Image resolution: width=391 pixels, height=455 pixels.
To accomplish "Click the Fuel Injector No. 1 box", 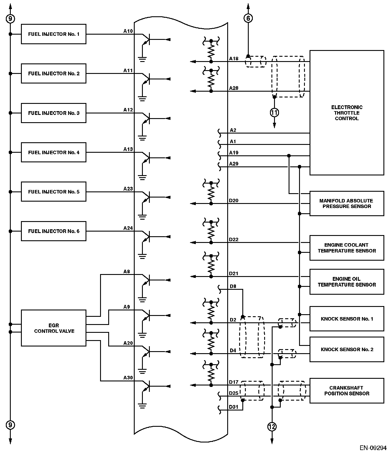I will tap(54, 34).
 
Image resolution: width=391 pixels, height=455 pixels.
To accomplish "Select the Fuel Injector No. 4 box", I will tap(54, 152).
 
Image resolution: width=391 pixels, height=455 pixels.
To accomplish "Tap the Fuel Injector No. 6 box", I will tap(54, 231).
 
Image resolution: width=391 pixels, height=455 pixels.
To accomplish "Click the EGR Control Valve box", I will tap(54, 328).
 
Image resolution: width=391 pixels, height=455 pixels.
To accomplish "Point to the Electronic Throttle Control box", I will tap(346, 113).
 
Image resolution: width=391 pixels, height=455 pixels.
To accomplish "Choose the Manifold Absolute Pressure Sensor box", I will tap(346, 203).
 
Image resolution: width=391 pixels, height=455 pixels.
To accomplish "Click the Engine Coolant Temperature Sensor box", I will tap(346, 248).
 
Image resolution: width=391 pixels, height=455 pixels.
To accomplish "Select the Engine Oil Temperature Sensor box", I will tap(346, 282).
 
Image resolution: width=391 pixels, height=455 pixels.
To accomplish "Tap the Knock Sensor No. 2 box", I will tap(346, 349).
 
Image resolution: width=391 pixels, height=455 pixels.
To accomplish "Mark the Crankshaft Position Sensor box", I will tap(346, 390).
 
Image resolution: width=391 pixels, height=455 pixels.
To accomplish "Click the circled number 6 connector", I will tap(248, 18).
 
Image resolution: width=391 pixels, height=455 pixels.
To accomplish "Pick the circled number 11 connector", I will tap(274, 112).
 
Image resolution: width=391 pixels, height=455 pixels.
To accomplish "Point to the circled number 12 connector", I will tap(272, 426).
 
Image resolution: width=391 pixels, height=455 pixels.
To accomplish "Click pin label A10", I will tap(128, 31).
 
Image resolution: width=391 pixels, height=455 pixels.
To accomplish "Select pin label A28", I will tap(234, 88).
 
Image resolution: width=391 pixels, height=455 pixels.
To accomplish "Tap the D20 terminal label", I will tap(234, 200).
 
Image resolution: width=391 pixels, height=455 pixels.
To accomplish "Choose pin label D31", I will tap(234, 407).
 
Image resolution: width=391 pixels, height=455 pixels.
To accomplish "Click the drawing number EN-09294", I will tap(373, 447).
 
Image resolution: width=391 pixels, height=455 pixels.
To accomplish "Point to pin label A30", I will tap(128, 378).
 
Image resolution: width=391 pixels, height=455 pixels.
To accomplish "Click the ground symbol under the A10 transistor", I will tap(142, 59).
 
